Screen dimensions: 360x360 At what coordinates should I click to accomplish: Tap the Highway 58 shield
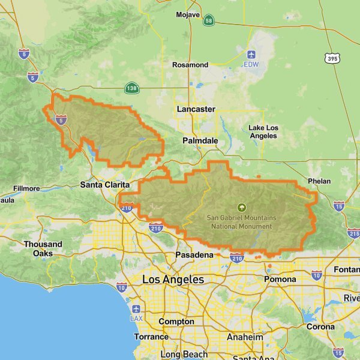(208, 20)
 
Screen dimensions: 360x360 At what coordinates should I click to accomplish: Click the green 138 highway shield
(132, 88)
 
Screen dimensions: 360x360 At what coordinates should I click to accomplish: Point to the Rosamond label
(190, 65)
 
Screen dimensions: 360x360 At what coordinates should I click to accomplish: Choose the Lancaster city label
(196, 109)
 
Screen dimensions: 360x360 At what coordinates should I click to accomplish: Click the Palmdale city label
(200, 140)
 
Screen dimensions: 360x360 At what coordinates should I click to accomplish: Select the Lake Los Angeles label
(263, 131)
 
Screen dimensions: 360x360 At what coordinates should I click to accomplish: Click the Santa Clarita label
(105, 185)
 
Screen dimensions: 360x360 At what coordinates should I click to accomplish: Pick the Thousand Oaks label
(43, 248)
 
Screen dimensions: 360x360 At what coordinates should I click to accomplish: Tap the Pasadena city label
(194, 255)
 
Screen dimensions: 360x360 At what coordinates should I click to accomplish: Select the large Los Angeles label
(173, 280)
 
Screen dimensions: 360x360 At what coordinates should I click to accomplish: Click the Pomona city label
(280, 280)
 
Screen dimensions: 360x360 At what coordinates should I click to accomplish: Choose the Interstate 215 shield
(353, 233)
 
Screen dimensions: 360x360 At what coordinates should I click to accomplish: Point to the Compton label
(176, 322)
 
